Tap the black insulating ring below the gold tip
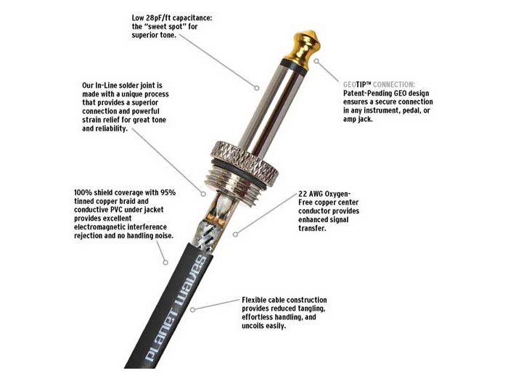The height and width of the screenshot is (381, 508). pyautogui.click(x=293, y=67)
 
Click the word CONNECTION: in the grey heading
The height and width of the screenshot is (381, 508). pyautogui.click(x=394, y=85)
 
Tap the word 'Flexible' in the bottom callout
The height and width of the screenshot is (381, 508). pyautogui.click(x=254, y=300)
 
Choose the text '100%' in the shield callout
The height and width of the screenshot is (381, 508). pyautogui.click(x=83, y=193)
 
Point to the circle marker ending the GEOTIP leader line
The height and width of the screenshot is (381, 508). pyautogui.click(x=316, y=61)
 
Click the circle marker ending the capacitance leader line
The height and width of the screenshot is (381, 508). pyautogui.click(x=256, y=88)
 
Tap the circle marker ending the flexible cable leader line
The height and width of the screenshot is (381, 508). pyautogui.click(x=192, y=310)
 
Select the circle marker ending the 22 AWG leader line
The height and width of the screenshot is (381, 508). pyautogui.click(x=236, y=234)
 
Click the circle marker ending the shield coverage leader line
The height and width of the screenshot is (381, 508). pyautogui.click(x=165, y=263)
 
